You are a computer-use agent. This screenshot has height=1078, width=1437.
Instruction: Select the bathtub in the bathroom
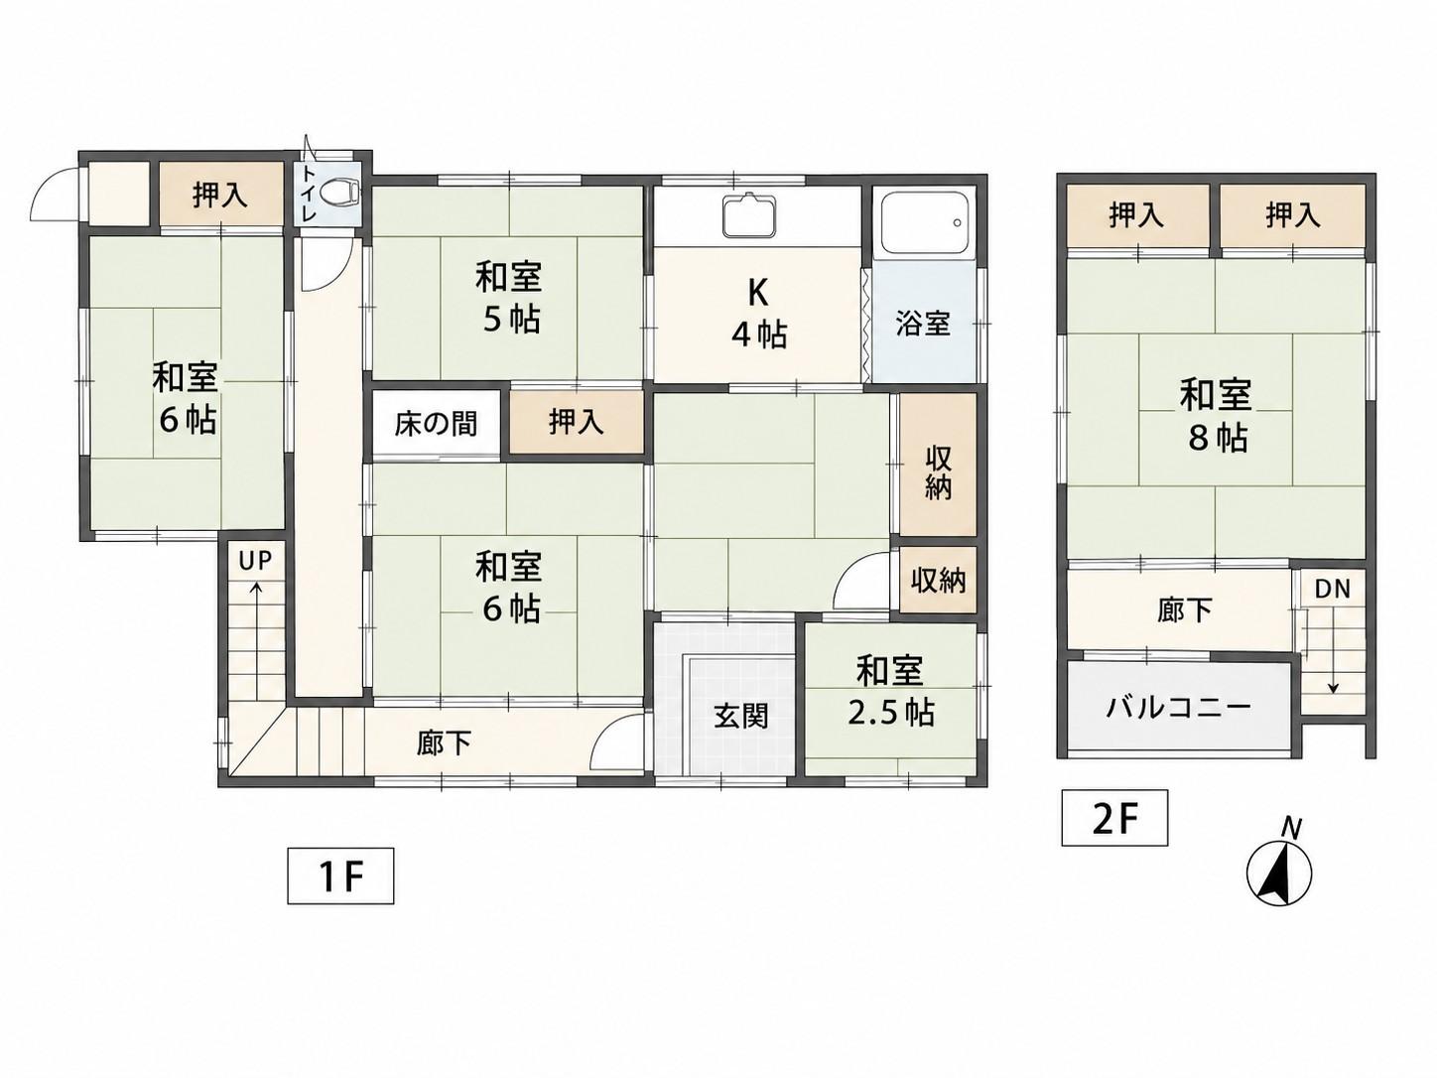[x=924, y=224]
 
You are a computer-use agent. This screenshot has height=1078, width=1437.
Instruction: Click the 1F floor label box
[x=340, y=876]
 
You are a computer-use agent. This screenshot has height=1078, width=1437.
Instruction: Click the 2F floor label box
[x=1114, y=818]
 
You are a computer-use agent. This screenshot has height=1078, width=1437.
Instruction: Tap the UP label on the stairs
[x=255, y=560]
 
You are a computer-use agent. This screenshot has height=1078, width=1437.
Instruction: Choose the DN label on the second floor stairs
[x=1333, y=589]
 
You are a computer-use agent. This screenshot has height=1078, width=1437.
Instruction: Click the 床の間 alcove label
[x=436, y=424]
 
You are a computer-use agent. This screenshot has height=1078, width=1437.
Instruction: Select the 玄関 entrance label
[x=740, y=718]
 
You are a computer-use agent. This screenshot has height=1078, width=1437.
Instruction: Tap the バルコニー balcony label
[x=1178, y=707]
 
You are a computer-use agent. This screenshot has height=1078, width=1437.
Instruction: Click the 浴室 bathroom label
[x=923, y=325]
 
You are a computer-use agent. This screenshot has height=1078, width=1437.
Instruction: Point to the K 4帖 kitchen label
[x=759, y=315]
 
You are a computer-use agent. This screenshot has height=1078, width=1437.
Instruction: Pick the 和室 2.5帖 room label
[x=891, y=692]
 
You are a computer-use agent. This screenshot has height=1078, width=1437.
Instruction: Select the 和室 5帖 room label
[x=509, y=299]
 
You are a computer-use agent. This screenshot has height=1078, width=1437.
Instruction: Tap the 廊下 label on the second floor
[x=1184, y=609]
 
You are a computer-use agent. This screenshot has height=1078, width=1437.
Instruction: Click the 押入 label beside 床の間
[x=577, y=422]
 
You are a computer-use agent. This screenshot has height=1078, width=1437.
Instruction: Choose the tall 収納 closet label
[x=938, y=474]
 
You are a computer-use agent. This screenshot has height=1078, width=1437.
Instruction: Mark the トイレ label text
[x=310, y=194]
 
